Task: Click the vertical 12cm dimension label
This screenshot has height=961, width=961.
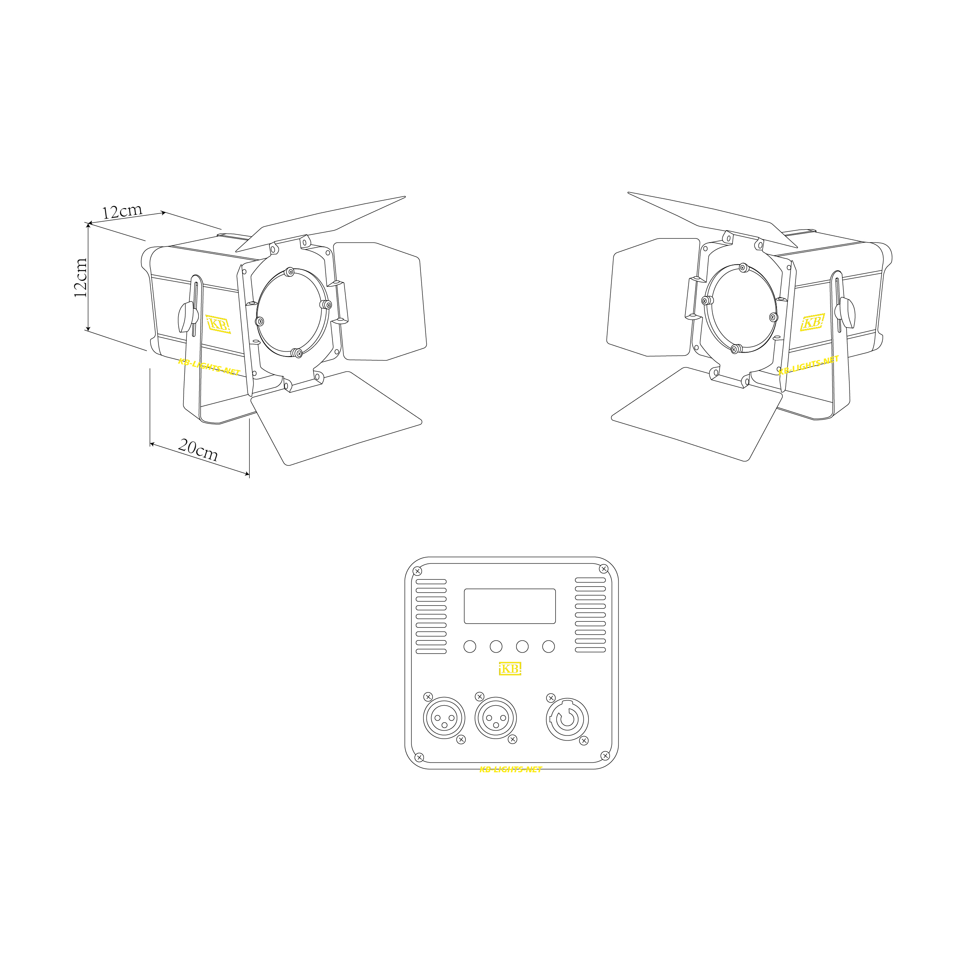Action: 81,277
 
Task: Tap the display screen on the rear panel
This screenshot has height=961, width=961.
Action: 509,606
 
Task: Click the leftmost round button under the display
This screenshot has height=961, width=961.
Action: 470,647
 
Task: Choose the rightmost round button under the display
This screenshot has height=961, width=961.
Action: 548,647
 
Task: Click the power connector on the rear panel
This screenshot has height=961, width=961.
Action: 567,719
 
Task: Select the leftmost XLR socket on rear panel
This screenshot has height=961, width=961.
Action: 444,718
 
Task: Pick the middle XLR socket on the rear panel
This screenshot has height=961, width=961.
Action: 496,718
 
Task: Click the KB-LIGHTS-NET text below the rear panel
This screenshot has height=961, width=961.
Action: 510,770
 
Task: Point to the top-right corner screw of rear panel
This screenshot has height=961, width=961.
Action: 603,569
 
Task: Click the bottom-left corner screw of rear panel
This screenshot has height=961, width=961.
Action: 419,757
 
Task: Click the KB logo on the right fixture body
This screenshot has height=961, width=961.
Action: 812,322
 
